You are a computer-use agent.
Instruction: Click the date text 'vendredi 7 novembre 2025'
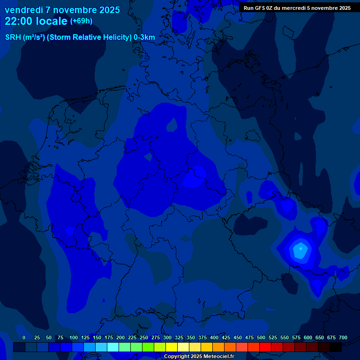[62, 10]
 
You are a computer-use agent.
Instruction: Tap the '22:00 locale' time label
[36, 21]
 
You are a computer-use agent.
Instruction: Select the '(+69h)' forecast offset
[81, 21]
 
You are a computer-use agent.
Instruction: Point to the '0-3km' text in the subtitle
[144, 37]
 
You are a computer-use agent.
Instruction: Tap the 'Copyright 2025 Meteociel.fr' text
[198, 356]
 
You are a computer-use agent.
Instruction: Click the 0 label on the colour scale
[24, 337]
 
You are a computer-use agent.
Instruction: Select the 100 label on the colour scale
[74, 337]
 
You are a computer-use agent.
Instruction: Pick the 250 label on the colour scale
[144, 337]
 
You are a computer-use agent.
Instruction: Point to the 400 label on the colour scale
[214, 337]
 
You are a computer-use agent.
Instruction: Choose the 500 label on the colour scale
[261, 337]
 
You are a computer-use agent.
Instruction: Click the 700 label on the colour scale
[343, 337]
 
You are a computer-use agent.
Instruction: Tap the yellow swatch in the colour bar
[172, 347]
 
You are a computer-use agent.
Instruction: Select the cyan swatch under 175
[113, 347]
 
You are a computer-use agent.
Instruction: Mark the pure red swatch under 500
[265, 347]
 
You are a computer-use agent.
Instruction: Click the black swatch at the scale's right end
[336, 347]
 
